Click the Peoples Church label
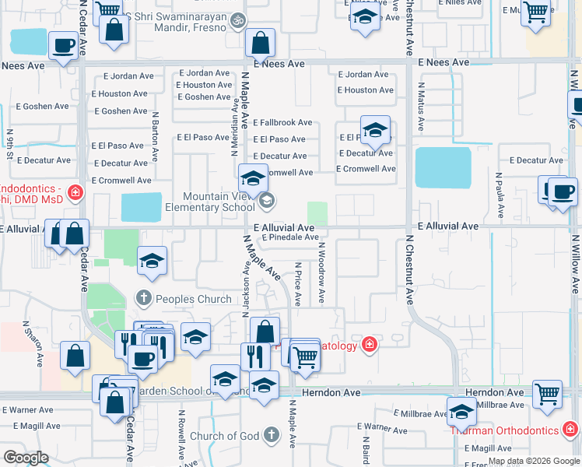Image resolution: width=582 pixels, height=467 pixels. pyautogui.click(x=194, y=299)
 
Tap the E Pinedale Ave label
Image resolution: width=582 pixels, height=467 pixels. pyautogui.click(x=290, y=237)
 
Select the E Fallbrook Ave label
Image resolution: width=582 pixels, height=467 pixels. pyautogui.click(x=283, y=122)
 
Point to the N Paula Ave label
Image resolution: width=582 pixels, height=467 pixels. pyautogui.click(x=497, y=195)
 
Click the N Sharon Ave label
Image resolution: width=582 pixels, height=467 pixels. pyautogui.click(x=37, y=344)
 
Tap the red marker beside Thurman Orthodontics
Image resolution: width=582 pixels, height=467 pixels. pyautogui.click(x=570, y=430)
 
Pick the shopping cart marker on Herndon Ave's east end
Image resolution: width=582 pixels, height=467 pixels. pyautogui.click(x=547, y=395)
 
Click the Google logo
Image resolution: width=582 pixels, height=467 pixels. pyautogui.click(x=26, y=458)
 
